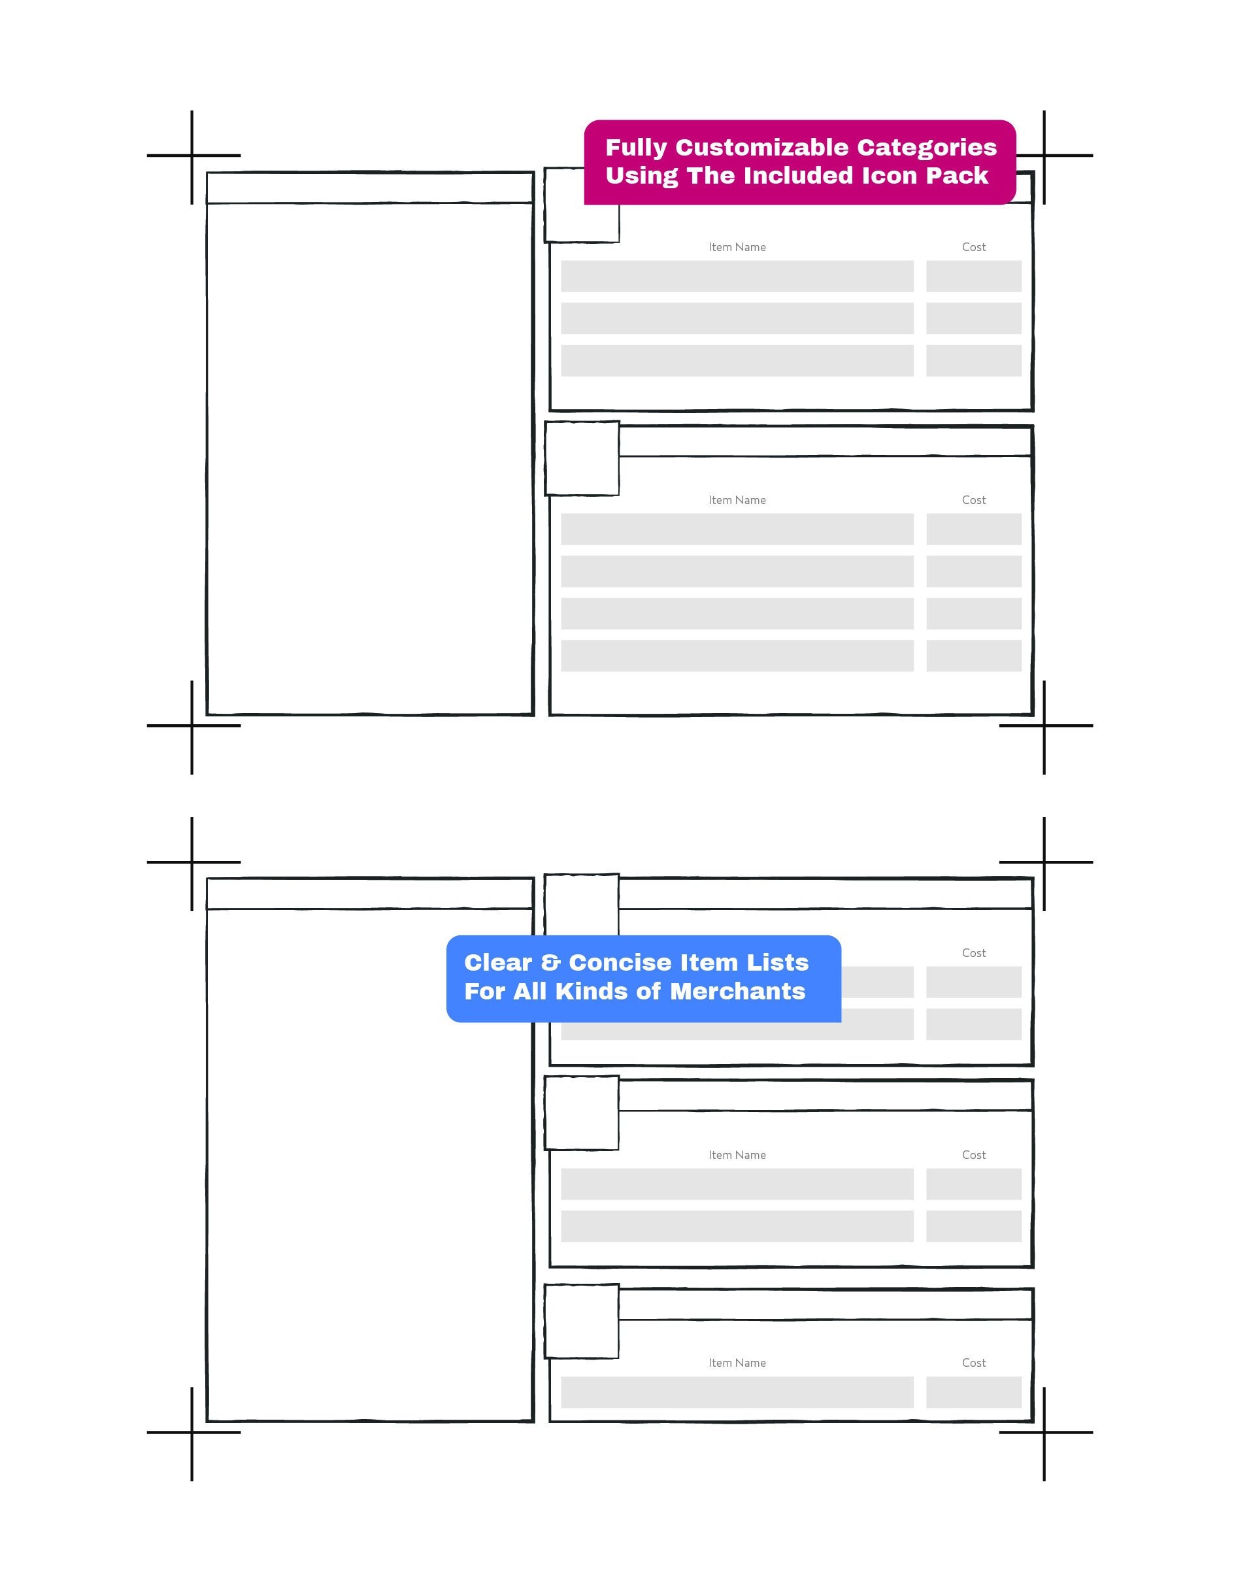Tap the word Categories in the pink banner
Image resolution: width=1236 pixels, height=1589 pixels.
pyautogui.click(x=927, y=148)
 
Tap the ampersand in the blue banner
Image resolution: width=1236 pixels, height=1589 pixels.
pyautogui.click(x=551, y=963)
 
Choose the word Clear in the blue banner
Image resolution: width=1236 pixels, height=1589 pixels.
pyautogui.click(x=498, y=963)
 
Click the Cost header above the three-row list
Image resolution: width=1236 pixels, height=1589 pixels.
pyautogui.click(x=973, y=247)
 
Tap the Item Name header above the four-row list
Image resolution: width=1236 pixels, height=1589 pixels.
pyautogui.click(x=737, y=500)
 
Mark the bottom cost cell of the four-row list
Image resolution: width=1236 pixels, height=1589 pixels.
pyautogui.click(x=973, y=656)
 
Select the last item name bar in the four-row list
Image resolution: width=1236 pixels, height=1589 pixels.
pyautogui.click(x=737, y=656)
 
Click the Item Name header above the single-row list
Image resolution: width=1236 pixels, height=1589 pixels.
pyautogui.click(x=737, y=1363)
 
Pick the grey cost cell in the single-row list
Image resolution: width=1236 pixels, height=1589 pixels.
pyautogui.click(x=973, y=1392)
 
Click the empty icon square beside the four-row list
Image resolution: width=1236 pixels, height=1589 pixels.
pyautogui.click(x=582, y=458)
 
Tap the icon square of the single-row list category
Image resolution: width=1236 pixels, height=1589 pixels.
pyautogui.click(x=582, y=1321)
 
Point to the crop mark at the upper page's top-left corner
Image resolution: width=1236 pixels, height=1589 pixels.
pyautogui.click(x=192, y=156)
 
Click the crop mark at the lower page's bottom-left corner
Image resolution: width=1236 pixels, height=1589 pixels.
pyautogui.click(x=192, y=1433)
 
